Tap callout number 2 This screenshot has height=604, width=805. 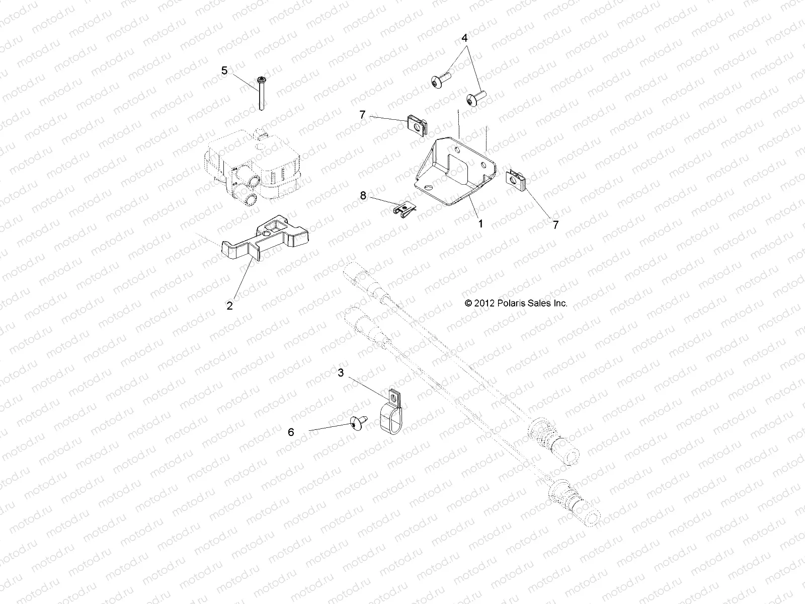coord(230,306)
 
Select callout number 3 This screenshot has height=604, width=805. coord(355,373)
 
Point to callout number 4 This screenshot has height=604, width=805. coord(464,38)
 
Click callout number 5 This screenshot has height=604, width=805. coord(224,70)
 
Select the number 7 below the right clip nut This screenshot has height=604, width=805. coord(555,225)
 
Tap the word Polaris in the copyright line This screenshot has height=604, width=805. coord(510,304)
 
